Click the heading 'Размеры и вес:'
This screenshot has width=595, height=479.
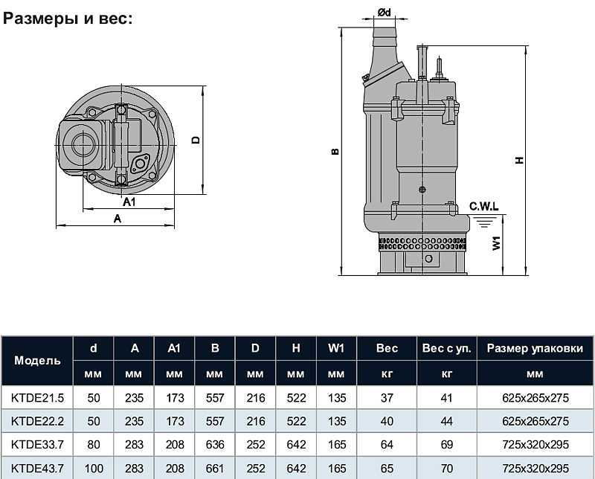coord(68,18)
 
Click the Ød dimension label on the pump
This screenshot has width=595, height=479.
coord(384,13)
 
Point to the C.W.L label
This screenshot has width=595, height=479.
coord(484,207)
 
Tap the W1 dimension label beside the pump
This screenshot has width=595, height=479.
coord(496,243)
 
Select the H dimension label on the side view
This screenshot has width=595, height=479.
coord(519,160)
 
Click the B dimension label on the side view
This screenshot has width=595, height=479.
coord(335,152)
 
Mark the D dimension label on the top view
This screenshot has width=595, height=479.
coord(196,140)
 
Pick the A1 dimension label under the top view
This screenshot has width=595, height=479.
coord(129,202)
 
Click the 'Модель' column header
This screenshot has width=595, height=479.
coord(37,360)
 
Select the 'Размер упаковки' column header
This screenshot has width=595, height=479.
coord(535,348)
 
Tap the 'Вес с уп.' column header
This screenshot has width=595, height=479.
coord(447,348)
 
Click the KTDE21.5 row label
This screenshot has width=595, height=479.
coord(38,398)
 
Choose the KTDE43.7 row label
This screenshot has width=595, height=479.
coord(38,469)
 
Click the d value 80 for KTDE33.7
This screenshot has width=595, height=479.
coord(94,445)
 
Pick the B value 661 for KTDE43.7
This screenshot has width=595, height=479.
coord(215,469)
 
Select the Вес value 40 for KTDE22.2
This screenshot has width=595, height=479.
coord(387,421)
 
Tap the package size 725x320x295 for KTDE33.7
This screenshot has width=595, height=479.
coord(535,445)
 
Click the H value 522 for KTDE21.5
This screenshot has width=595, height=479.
coord(296,398)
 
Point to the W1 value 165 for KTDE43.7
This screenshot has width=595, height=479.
coord(337,469)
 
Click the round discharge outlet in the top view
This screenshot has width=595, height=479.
coord(83,145)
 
